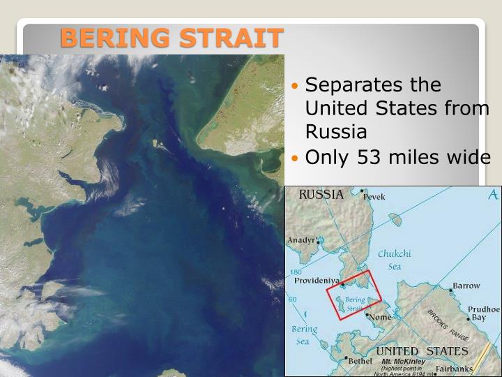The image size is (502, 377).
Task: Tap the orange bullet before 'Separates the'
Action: tap(296, 86)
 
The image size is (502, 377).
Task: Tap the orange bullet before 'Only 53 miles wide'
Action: tap(296, 158)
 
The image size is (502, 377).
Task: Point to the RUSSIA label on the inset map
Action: tap(321, 195)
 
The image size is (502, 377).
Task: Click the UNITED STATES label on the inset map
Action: tap(422, 350)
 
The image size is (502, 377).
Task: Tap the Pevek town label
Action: tap(374, 198)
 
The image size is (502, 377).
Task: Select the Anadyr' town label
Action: tap(303, 240)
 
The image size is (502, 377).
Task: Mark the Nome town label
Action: tap(381, 317)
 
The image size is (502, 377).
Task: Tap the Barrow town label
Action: tap(466, 286)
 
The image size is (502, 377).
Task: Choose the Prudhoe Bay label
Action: tap(482, 313)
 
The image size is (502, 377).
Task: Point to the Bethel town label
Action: tap(360, 361)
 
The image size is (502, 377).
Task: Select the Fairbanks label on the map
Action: tap(454, 369)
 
